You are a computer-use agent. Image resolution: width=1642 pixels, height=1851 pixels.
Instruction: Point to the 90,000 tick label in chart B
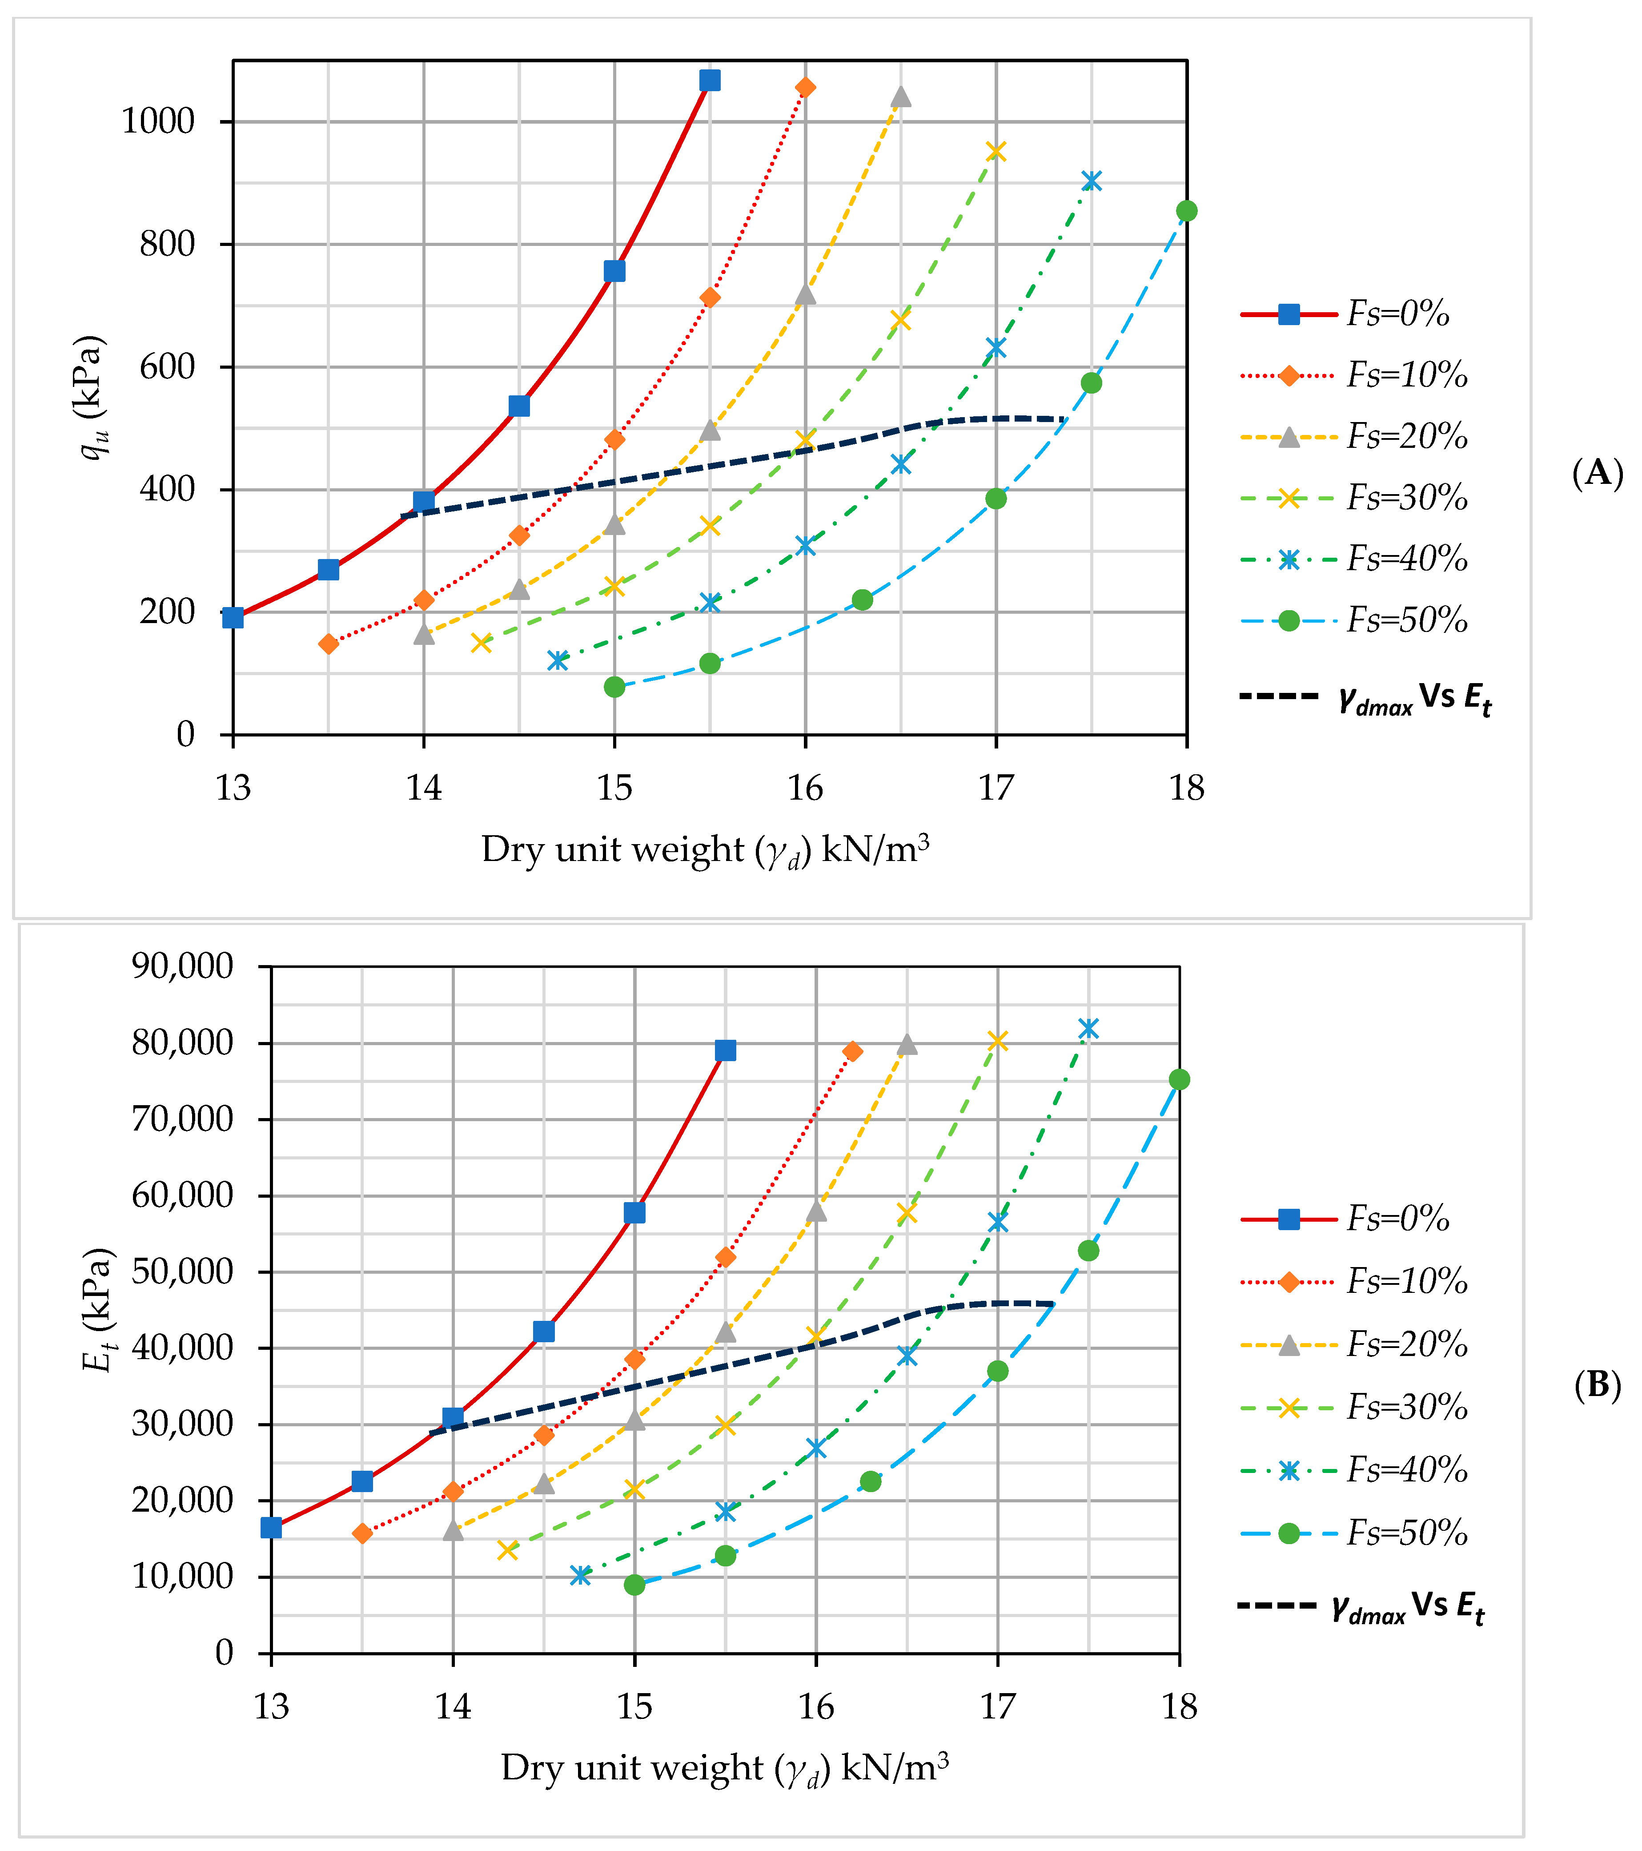pos(183,966)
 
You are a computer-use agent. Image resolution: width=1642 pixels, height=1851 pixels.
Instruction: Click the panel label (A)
pos(1597,473)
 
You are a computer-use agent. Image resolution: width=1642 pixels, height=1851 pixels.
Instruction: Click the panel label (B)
pos(1597,1385)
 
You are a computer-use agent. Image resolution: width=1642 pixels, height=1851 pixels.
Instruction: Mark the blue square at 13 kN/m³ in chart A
pos(233,618)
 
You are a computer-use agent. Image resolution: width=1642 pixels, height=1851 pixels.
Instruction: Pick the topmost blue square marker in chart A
pos(710,80)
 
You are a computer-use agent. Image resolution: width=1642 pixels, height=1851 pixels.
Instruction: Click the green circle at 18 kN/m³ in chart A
pos(1186,211)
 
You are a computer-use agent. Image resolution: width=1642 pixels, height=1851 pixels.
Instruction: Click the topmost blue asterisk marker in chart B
pos(1088,1029)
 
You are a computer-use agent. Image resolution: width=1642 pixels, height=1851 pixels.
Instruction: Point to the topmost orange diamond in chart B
pos(852,1051)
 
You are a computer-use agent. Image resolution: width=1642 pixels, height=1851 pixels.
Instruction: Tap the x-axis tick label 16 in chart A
pos(805,788)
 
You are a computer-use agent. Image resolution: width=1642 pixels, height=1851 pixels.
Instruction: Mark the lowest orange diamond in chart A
pos(329,644)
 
